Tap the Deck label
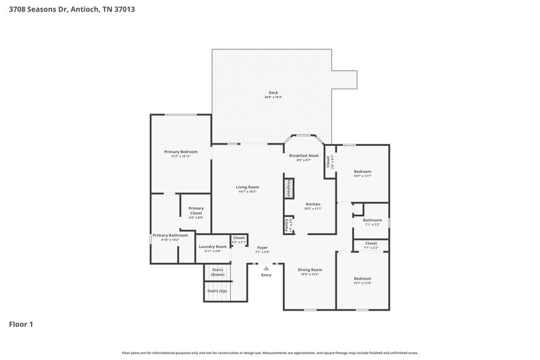click(273, 93)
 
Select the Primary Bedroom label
click(180, 152)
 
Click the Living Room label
click(247, 187)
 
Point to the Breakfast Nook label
click(304, 156)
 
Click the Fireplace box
click(288, 188)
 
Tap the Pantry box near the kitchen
click(286, 222)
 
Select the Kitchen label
click(313, 204)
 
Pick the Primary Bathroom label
click(169, 235)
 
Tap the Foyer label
click(263, 248)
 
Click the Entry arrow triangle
click(266, 268)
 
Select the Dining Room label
click(310, 269)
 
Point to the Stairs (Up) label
click(217, 290)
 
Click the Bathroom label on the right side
click(372, 220)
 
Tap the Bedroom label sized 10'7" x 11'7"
click(362, 172)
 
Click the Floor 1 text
click(21, 324)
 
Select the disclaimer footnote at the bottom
click(269, 353)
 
